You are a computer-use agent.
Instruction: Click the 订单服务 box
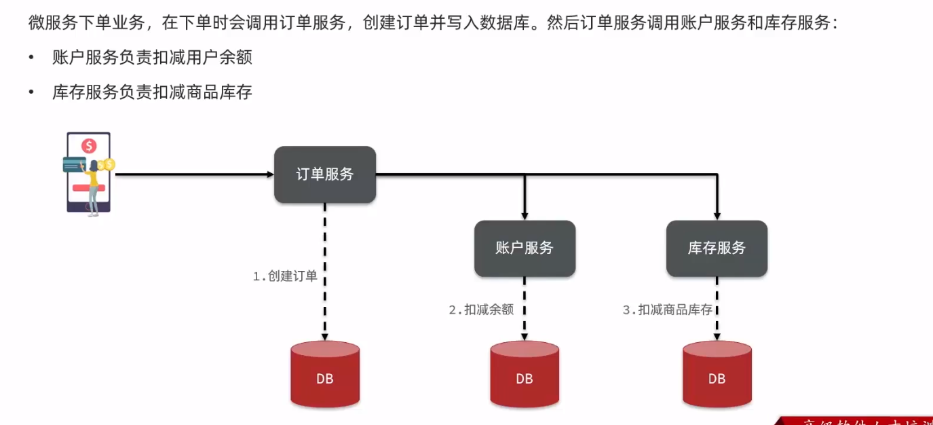click(x=324, y=174)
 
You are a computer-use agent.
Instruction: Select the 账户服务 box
click(x=525, y=248)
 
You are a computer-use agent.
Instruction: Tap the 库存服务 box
click(x=717, y=248)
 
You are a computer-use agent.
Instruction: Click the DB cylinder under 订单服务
click(x=325, y=375)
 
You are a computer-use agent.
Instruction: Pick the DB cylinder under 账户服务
click(x=525, y=375)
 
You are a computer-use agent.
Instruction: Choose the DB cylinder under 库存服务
click(x=717, y=375)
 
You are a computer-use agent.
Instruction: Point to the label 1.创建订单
click(x=286, y=276)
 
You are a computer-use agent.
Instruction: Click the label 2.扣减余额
click(x=481, y=310)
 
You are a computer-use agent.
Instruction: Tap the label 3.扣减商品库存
click(x=668, y=310)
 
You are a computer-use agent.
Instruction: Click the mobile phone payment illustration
click(x=89, y=174)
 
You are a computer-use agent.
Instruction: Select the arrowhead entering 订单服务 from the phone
click(x=269, y=174)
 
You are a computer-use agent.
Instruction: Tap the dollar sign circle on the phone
click(x=88, y=145)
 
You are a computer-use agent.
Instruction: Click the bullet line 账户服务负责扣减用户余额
click(x=152, y=58)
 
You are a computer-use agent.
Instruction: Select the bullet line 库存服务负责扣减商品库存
click(x=152, y=92)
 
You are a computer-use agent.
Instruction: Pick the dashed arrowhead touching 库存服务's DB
click(x=717, y=337)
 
